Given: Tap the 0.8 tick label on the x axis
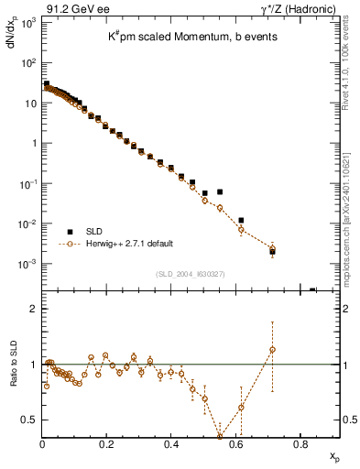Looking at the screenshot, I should [x=300, y=444].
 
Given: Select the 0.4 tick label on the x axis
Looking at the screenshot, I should [x=171, y=444].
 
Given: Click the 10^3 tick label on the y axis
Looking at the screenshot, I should [x=27, y=22].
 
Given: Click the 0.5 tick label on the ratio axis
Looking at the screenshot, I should [x=29, y=420].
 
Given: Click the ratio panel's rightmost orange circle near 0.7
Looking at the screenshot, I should [x=272, y=349].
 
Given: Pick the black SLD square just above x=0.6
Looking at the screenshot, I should [x=241, y=220].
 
